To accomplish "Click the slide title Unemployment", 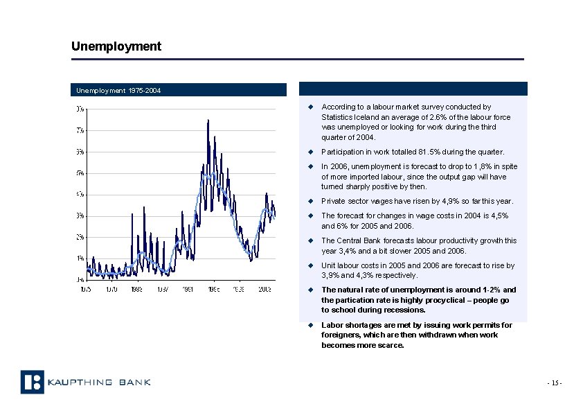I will [x=116, y=46].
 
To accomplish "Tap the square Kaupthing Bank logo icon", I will [x=32, y=382].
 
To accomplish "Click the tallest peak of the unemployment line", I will [x=208, y=121].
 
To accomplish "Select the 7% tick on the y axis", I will [x=81, y=130].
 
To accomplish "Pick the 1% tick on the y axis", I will [x=81, y=258].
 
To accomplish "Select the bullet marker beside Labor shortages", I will [x=312, y=325].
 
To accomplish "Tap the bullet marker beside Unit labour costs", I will [x=312, y=265].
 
